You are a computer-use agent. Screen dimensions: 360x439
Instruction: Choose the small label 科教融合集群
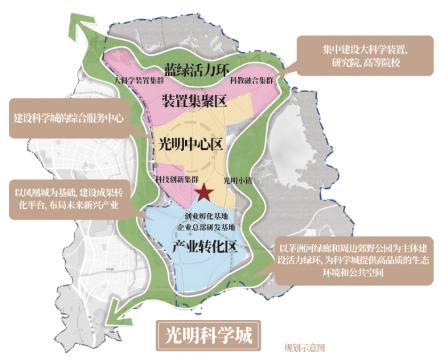coord(251,81)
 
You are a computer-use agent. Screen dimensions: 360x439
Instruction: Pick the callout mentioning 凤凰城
coord(70,199)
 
